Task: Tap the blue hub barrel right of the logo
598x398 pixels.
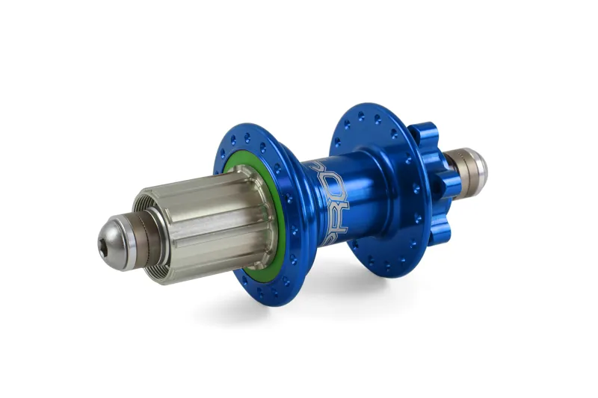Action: [359, 194]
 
